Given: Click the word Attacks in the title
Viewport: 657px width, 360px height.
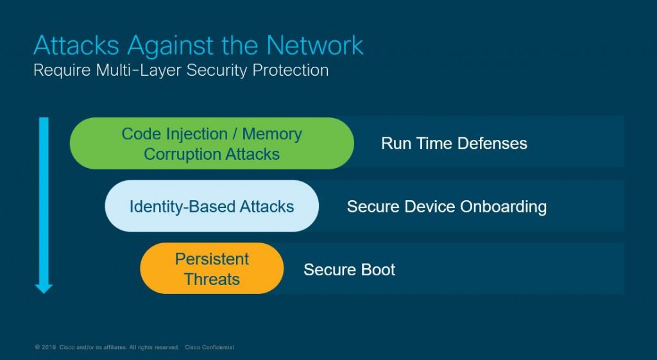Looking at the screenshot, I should pyautogui.click(x=76, y=46).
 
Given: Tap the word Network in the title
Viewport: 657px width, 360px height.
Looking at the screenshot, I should pyautogui.click(x=315, y=46).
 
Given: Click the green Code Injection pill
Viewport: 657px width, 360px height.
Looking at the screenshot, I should pyautogui.click(x=212, y=143).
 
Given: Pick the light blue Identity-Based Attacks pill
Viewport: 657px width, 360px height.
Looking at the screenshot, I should pyautogui.click(x=212, y=206).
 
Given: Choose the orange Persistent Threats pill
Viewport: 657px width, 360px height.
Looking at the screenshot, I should pyautogui.click(x=212, y=269).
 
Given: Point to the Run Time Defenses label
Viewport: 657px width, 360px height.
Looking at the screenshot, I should pyautogui.click(x=454, y=143).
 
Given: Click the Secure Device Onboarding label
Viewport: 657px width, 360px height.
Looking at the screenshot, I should pyautogui.click(x=447, y=206).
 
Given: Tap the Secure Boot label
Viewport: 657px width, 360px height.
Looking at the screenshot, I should pyautogui.click(x=349, y=269).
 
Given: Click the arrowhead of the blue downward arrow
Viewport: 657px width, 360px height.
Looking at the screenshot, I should pyautogui.click(x=44, y=287).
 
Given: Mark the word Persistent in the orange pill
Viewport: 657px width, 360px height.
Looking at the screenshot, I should pyautogui.click(x=212, y=259).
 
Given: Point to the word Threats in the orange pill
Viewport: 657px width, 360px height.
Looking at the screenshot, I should pyautogui.click(x=212, y=279).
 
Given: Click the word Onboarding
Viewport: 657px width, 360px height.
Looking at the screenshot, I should pyautogui.click(x=502, y=206).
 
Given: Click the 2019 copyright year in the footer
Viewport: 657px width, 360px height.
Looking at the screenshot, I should pyautogui.click(x=49, y=347).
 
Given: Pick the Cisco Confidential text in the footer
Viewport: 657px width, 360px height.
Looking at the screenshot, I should pyautogui.click(x=209, y=347).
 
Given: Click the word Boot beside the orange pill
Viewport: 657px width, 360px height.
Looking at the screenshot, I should pyautogui.click(x=377, y=269).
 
